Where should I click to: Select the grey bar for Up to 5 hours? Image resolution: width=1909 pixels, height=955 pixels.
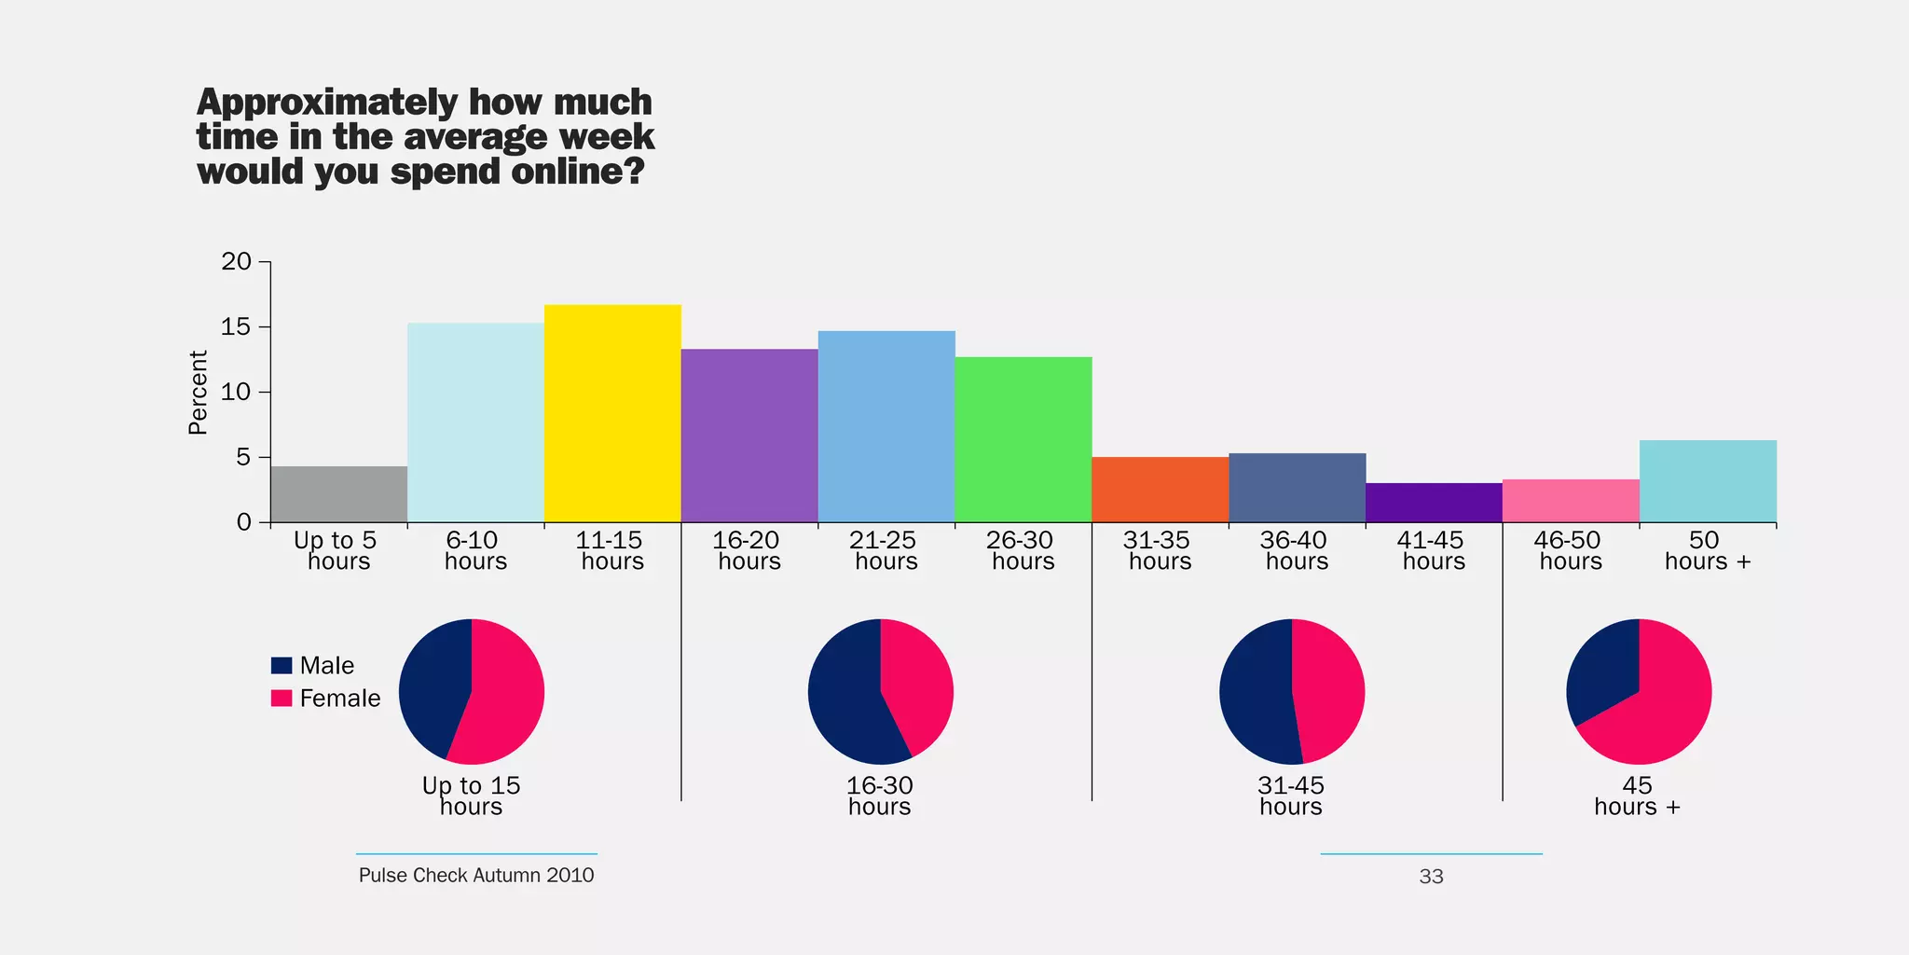[x=338, y=494]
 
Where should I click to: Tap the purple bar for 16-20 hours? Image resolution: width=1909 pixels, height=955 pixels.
[x=749, y=436]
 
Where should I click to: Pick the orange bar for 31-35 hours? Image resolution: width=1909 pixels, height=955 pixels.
[x=1160, y=490]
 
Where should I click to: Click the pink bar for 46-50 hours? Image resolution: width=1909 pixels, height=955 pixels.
[x=1571, y=501]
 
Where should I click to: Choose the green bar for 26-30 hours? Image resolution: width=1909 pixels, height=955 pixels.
[x=1023, y=439]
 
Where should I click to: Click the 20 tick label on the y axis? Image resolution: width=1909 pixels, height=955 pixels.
[x=237, y=261]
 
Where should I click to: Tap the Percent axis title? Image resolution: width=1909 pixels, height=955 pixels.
[x=198, y=393]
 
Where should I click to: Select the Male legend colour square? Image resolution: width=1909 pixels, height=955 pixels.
[x=281, y=665]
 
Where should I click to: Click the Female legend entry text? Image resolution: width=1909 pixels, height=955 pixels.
[x=339, y=699]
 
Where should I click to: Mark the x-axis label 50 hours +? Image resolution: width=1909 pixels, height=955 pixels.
[x=1707, y=550]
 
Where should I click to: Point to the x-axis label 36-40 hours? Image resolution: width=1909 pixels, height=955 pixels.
[x=1297, y=550]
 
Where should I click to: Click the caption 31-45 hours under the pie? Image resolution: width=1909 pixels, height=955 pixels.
[x=1290, y=796]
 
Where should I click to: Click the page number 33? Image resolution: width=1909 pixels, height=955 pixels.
[x=1431, y=877]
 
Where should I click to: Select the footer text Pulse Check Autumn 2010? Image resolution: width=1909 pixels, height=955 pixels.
[x=476, y=875]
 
